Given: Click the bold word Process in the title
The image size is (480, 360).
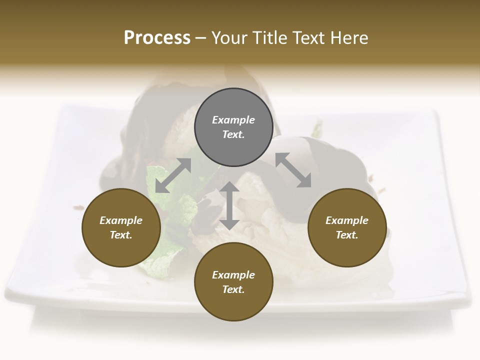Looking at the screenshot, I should [157, 38].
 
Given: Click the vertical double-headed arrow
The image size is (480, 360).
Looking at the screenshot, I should [229, 205].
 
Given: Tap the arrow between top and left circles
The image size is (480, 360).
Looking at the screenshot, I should [173, 175].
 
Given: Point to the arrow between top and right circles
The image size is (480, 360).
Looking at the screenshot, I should [293, 170].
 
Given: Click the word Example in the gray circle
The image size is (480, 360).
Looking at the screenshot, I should [233, 120].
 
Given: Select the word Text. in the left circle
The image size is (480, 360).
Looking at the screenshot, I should [121, 235].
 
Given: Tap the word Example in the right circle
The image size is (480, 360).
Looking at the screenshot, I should [347, 220].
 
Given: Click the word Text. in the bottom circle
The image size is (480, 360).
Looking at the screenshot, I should [233, 289].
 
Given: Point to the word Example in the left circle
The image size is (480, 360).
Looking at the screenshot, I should [121, 220].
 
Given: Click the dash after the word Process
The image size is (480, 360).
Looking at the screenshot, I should [200, 38].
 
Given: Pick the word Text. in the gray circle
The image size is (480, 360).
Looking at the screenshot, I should [233, 134].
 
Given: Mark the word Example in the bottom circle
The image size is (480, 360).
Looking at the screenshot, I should [233, 275].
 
